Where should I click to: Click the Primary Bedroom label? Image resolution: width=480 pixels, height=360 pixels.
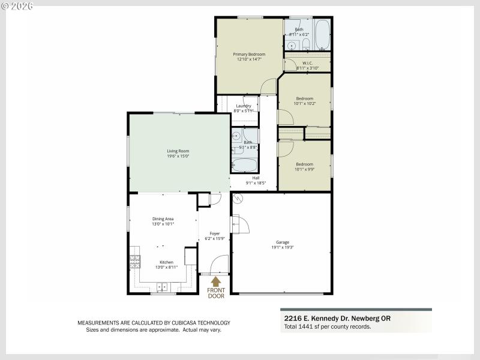coord(249,54)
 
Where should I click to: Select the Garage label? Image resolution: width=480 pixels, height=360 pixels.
coord(282,242)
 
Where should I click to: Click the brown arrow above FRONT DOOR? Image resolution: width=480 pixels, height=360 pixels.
coord(216,280)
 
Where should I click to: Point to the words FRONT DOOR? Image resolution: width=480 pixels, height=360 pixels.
coord(216,293)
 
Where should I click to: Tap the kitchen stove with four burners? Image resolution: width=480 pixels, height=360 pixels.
coord(134,261)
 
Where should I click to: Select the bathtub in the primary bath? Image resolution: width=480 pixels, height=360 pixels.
coord(322,35)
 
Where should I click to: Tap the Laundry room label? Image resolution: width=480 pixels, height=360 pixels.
coord(243,106)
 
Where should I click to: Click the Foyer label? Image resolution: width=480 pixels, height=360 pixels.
coord(214,233)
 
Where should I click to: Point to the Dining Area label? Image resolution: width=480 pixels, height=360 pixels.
coord(163,219)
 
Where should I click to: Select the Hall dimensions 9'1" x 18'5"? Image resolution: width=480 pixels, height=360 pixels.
coord(256,183)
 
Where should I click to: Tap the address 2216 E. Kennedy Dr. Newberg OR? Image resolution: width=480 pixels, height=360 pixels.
coord(336,319)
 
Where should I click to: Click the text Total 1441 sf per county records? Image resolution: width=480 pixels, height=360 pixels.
coord(327,326)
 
